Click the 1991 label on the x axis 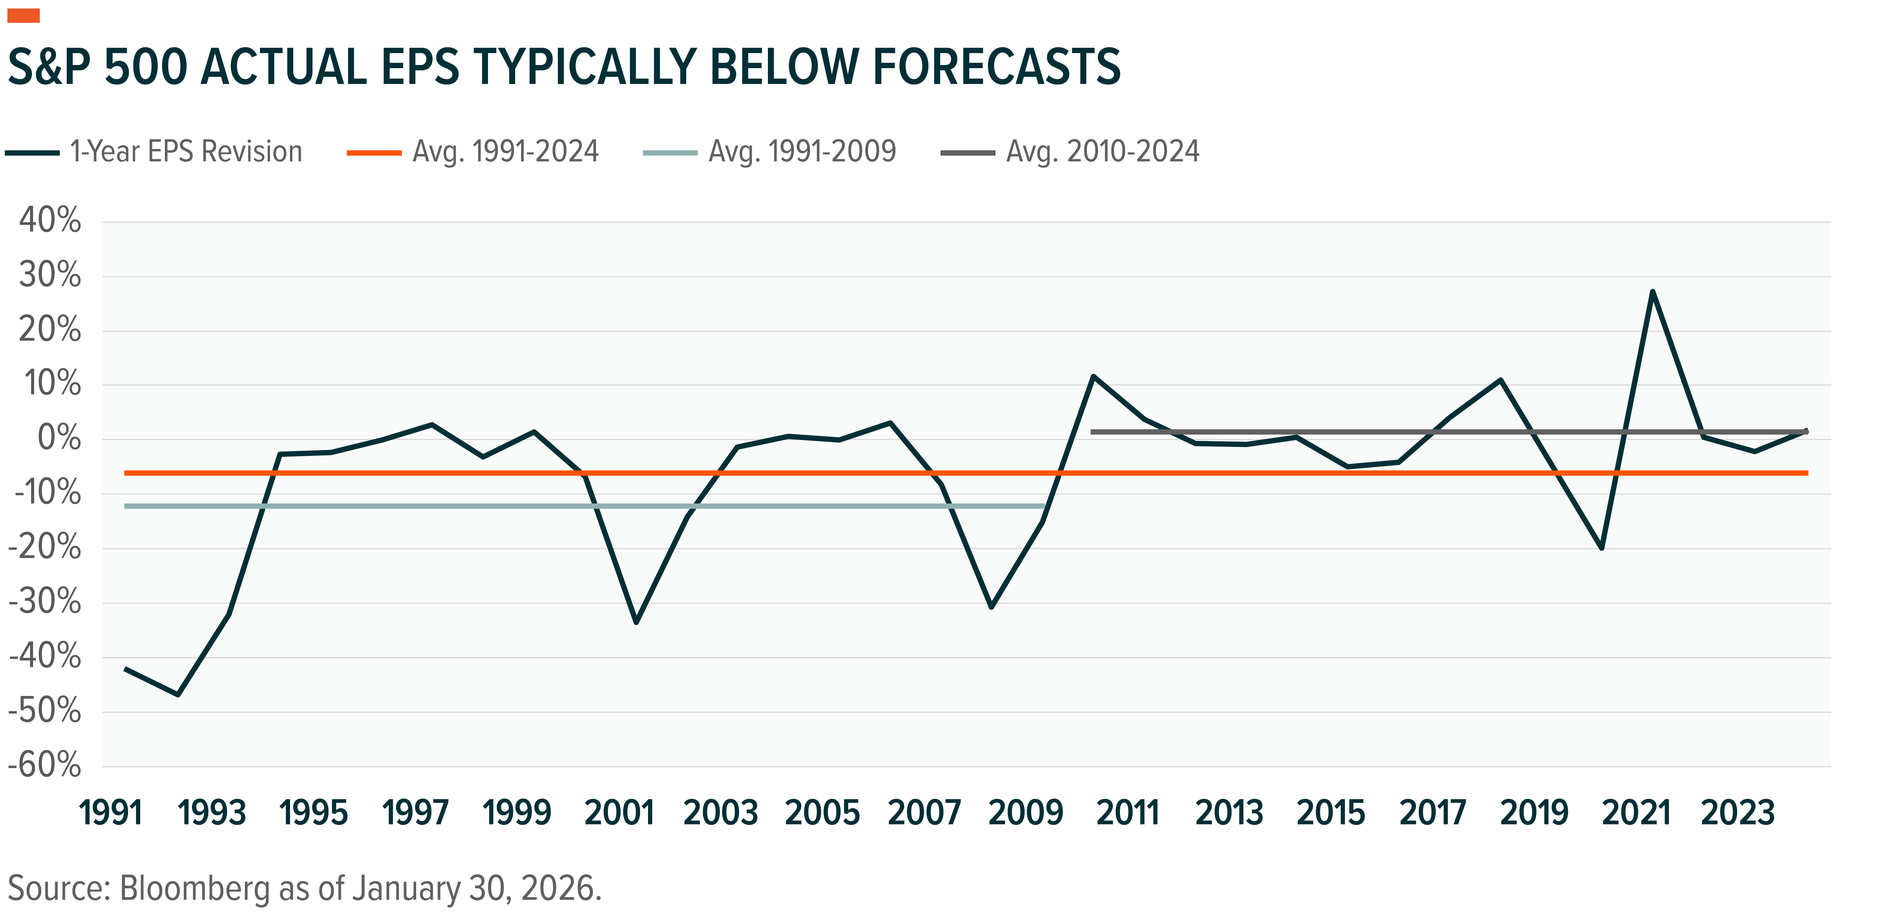pos(111,813)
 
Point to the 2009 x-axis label pos(1025,813)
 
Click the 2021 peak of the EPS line pos(1652,292)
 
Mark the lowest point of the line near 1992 pos(178,693)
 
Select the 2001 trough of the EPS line pos(636,622)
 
